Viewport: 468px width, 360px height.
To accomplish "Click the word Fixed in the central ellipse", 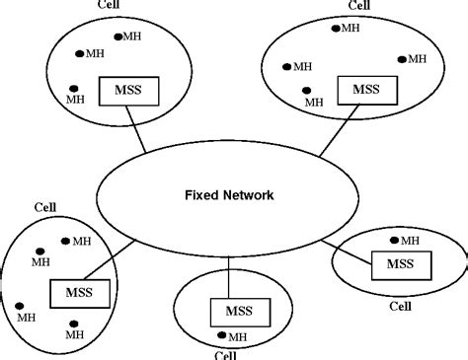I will click(203, 195).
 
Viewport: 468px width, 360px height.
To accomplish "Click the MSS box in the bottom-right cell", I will click(399, 263).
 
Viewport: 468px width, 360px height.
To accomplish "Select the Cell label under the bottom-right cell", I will click(400, 306).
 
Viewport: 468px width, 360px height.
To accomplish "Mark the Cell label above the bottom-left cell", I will click(45, 208).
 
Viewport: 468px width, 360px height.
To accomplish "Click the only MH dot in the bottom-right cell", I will click(395, 240).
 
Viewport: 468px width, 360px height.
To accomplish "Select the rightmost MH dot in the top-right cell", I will click(402, 58).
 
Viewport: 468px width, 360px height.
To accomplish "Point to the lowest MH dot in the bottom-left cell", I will click(73, 323).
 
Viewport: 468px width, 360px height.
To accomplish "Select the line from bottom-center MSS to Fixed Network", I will click(229, 275).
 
